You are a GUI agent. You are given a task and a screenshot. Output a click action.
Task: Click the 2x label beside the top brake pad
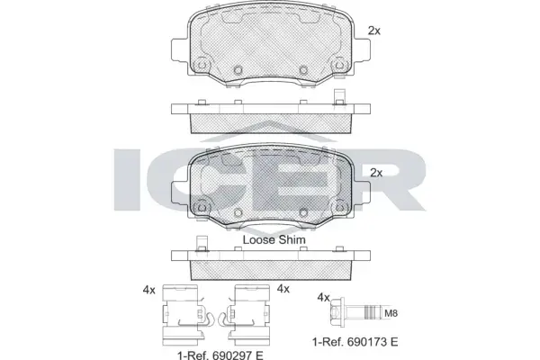(x=374, y=31)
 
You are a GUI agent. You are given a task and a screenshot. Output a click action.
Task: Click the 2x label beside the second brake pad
(x=376, y=173)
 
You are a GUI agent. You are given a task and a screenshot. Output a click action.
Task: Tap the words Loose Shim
(x=274, y=239)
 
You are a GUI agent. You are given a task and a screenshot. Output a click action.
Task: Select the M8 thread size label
(x=391, y=313)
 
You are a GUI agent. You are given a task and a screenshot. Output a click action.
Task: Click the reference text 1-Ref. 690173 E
(x=355, y=342)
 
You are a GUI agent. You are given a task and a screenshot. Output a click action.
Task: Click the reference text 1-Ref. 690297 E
(x=220, y=355)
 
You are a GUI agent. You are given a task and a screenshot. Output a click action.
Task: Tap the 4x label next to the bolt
(x=323, y=298)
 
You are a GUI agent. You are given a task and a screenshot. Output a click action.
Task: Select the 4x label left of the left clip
(x=149, y=291)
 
